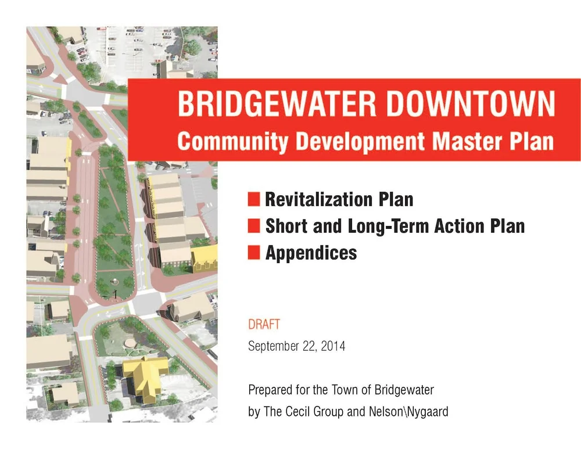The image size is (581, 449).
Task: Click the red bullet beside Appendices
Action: click(x=253, y=253)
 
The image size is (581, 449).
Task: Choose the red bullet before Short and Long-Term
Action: click(x=253, y=226)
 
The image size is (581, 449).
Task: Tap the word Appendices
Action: click(x=311, y=253)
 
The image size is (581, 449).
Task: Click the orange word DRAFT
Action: click(x=264, y=324)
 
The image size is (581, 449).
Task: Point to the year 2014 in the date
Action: click(x=333, y=347)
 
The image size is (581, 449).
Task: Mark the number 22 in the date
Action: click(x=309, y=347)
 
